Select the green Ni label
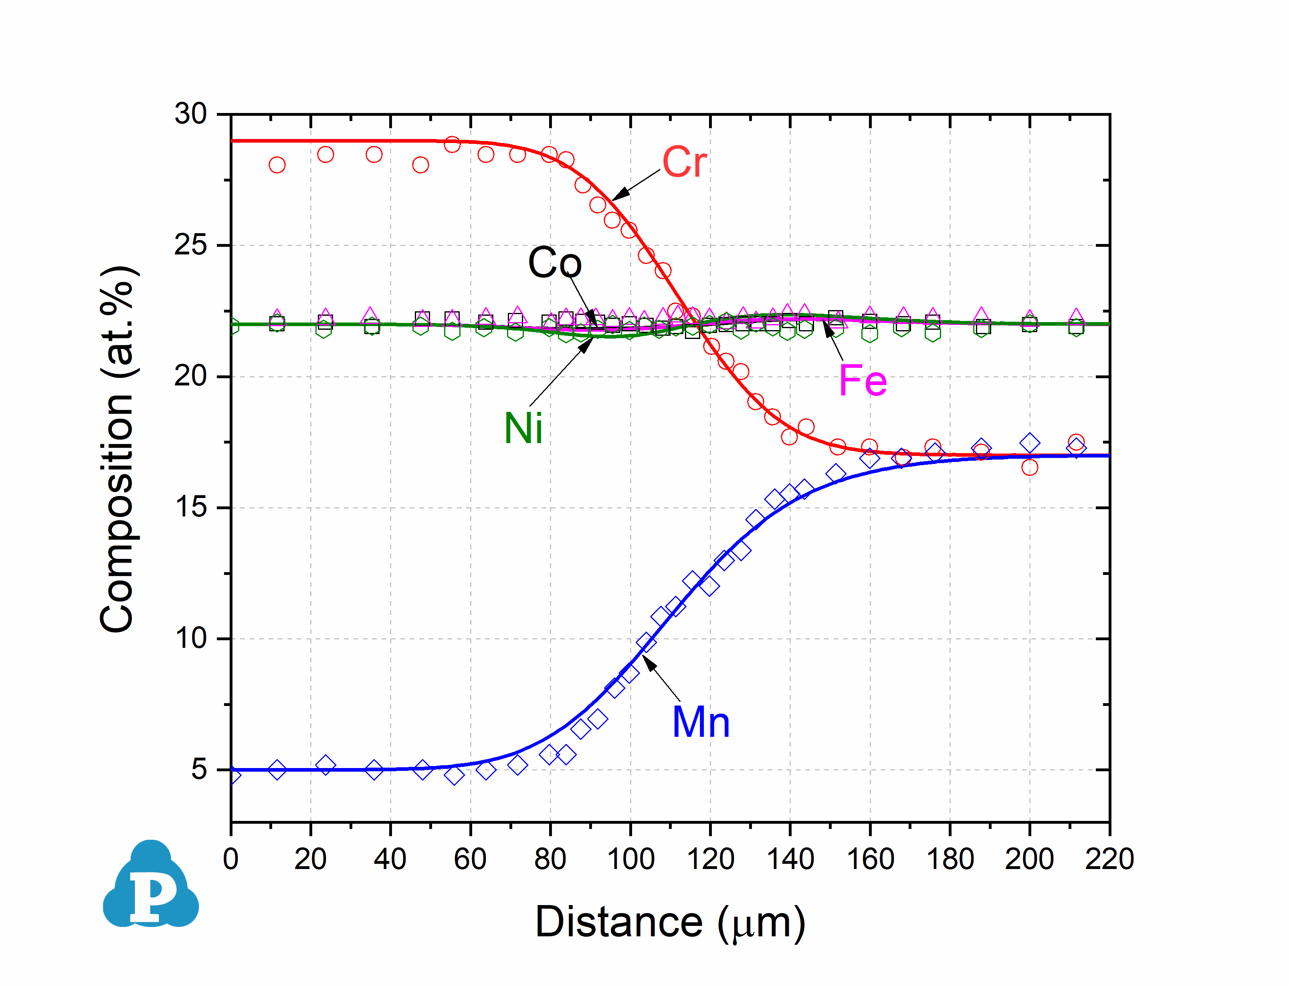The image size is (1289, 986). pos(523,428)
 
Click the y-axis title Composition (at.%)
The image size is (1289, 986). pos(117,449)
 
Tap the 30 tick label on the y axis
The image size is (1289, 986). pos(191,114)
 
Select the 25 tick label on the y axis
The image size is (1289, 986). pos(191,245)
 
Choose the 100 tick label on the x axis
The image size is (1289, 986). pos(630,859)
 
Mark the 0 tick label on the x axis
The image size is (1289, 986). pos(231,859)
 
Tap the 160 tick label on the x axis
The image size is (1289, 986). pos(870,859)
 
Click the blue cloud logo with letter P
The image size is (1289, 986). pos(151,886)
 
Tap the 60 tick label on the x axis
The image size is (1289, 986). pos(470,859)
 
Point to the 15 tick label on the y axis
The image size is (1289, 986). pos(191,507)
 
